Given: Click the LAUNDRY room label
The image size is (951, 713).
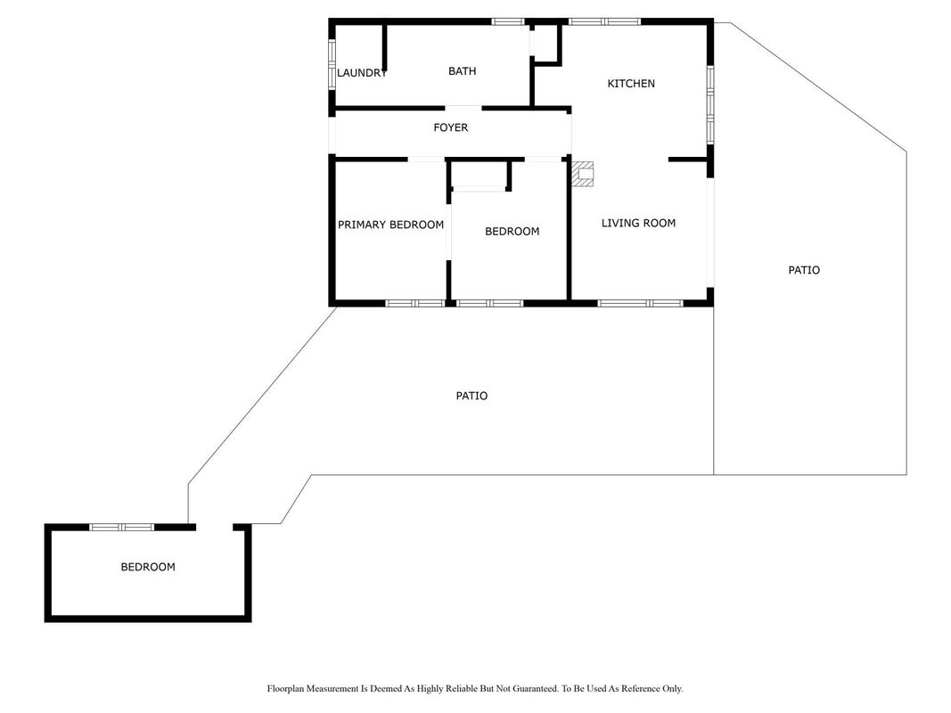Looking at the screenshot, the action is click(x=362, y=73).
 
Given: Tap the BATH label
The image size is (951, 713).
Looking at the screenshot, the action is click(x=463, y=71).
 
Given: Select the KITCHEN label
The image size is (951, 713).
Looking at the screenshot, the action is click(x=631, y=84).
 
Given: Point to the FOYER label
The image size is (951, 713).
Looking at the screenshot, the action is click(x=451, y=127).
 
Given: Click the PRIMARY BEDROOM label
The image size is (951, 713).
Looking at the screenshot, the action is click(x=390, y=225).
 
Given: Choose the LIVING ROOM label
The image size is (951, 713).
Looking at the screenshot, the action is click(x=638, y=223).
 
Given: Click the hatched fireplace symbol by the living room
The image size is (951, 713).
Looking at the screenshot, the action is click(x=582, y=174).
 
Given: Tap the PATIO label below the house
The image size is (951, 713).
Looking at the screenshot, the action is click(x=471, y=396).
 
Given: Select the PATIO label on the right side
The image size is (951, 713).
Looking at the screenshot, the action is click(x=804, y=270).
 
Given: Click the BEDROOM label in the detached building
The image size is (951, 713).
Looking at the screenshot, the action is click(x=148, y=567).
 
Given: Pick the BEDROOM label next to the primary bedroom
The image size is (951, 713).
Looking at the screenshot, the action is click(x=512, y=232).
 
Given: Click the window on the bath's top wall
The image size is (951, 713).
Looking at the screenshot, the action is click(x=508, y=21).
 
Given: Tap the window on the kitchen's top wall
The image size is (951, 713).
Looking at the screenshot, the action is click(x=604, y=21).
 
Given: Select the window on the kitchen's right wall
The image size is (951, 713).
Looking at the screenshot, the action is click(x=710, y=105).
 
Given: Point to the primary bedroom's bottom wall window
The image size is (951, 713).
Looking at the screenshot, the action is click(x=415, y=303).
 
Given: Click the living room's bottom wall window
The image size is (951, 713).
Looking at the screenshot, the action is click(x=641, y=303).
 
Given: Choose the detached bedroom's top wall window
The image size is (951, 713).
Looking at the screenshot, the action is click(x=122, y=528).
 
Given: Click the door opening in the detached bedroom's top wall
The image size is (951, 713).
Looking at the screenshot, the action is click(x=215, y=528).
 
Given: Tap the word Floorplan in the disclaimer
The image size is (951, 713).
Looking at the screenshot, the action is click(x=286, y=689).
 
